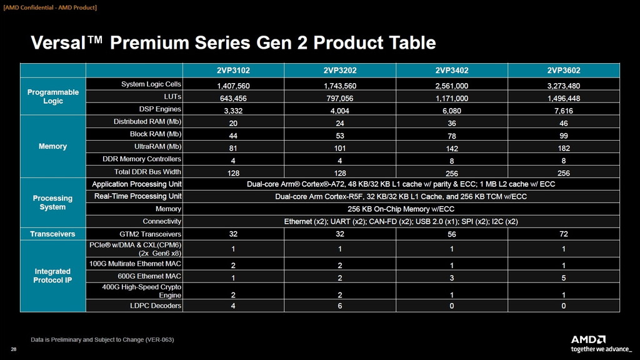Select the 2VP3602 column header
[563, 70]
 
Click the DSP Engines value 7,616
[563, 111]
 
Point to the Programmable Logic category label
[53, 96]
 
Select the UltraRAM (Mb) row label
[153, 146]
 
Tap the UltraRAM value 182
[563, 148]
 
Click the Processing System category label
[52, 202]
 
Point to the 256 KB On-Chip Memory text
[401, 209]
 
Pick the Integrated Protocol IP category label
[52, 276]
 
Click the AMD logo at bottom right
[587, 339]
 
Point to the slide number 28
[14, 349]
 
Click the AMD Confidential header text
[50, 7]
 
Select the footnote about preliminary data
[102, 339]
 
